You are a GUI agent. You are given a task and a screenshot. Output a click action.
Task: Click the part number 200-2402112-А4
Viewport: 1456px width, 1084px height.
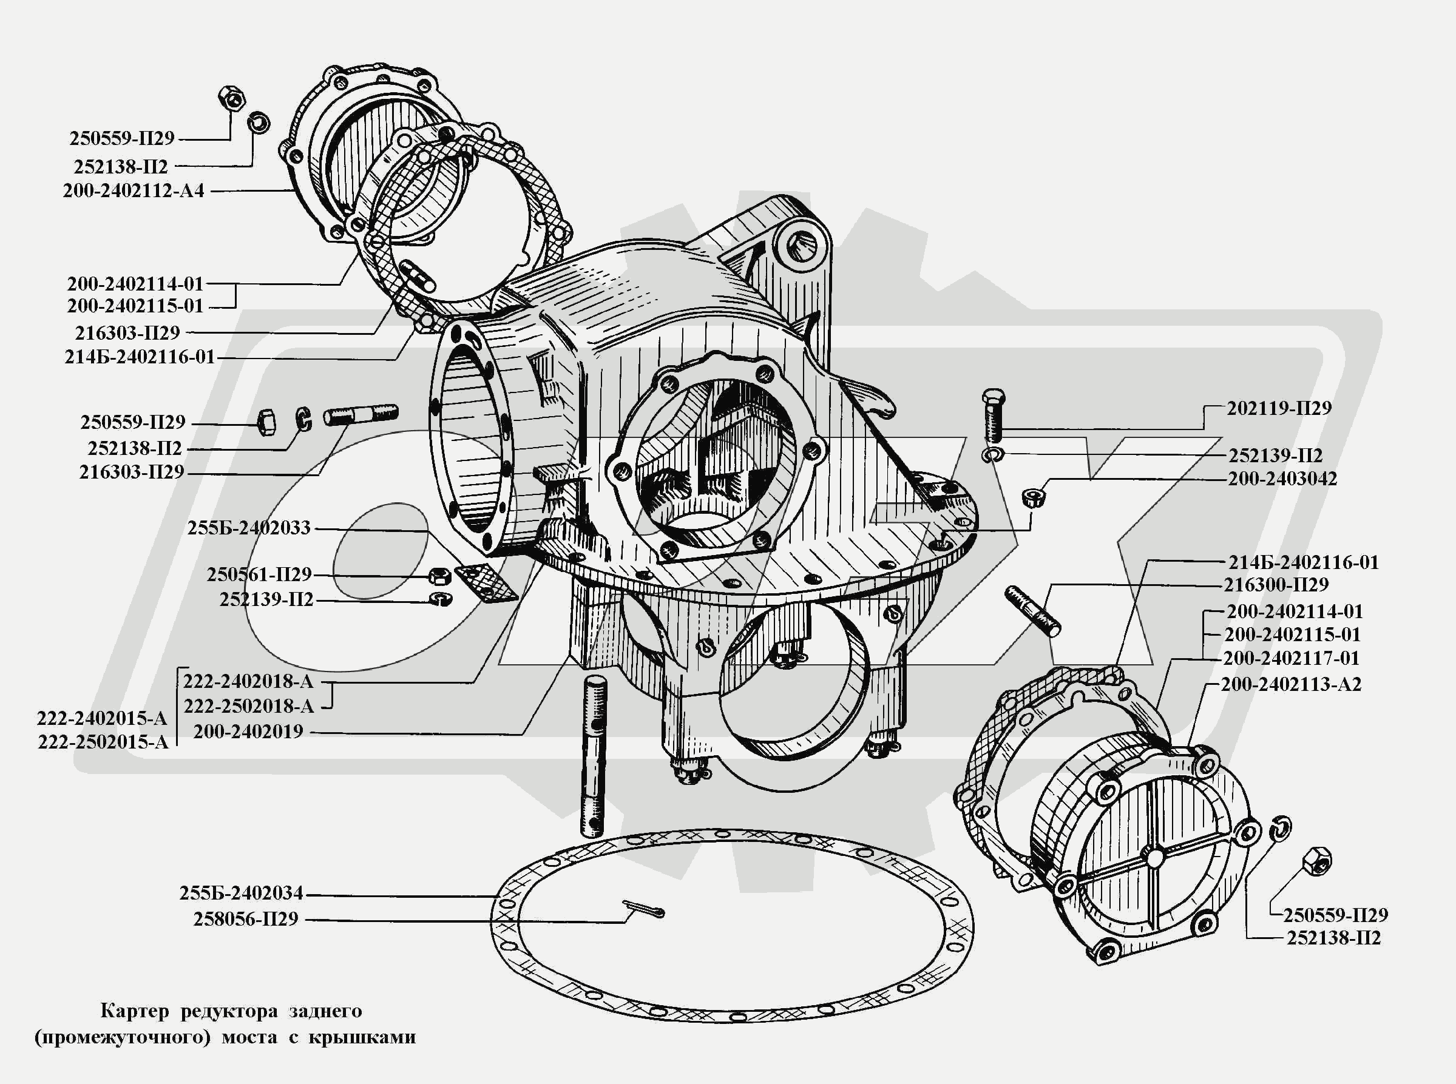[134, 191]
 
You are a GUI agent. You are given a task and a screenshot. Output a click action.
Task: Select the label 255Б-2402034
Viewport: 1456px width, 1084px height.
[241, 893]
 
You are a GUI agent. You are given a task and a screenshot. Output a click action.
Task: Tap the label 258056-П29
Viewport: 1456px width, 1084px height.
[246, 919]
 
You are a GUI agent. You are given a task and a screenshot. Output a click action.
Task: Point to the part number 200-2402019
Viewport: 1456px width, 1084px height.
[248, 732]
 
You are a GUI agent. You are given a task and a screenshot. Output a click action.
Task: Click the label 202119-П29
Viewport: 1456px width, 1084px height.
[1279, 408]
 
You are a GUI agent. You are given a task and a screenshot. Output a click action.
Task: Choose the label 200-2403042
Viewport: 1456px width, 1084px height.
[1282, 479]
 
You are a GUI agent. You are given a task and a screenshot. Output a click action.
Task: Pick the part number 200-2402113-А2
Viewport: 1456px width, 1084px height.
[1290, 684]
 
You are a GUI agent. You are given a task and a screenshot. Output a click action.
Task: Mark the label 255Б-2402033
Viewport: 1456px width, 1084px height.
[249, 528]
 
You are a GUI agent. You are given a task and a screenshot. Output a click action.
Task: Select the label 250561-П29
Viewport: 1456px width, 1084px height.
[259, 575]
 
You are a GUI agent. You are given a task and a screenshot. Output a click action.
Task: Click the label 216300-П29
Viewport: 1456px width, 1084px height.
[1276, 585]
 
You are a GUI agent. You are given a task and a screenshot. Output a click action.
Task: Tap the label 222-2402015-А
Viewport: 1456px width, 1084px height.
[103, 718]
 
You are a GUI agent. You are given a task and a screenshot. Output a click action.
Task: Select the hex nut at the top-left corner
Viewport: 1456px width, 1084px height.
[232, 99]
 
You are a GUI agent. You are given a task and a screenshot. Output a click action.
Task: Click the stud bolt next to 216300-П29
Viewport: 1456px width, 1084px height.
[1031, 611]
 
